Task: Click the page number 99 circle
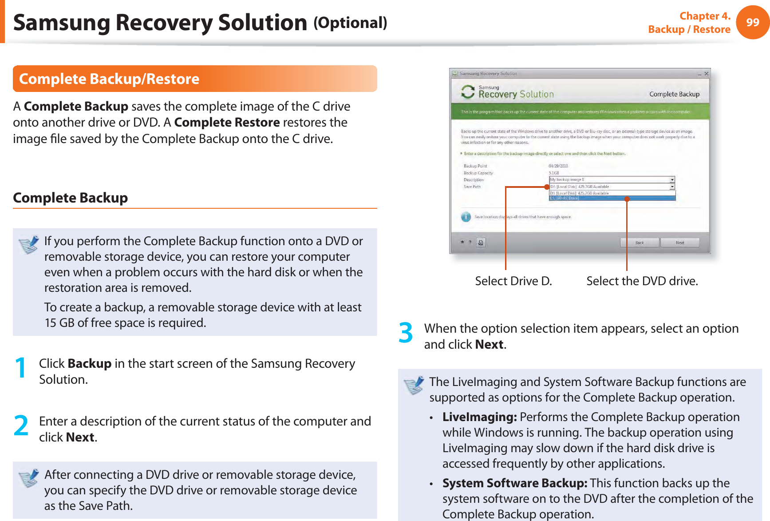752,22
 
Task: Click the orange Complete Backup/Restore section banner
195,79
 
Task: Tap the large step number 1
20,368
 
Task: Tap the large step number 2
21,426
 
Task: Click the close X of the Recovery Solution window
707,74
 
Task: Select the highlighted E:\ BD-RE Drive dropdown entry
612,198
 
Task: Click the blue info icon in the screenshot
466,217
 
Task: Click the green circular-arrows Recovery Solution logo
468,92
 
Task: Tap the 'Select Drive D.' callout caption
513,281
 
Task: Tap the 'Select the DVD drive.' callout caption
642,281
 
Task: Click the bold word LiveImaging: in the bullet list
479,417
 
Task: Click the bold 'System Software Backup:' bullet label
515,483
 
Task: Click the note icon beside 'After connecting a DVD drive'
29,478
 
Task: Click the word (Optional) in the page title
350,23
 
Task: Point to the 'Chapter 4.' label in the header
705,16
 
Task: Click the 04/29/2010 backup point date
558,166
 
